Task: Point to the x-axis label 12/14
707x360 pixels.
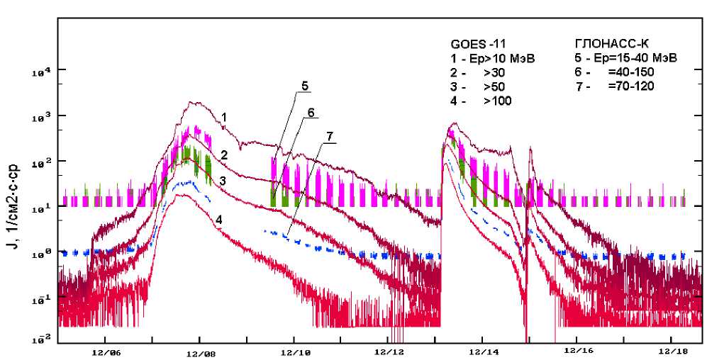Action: (x=482, y=351)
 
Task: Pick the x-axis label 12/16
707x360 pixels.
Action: (x=577, y=351)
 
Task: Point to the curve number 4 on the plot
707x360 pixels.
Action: (x=219, y=220)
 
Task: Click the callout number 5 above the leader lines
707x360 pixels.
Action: (x=304, y=86)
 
